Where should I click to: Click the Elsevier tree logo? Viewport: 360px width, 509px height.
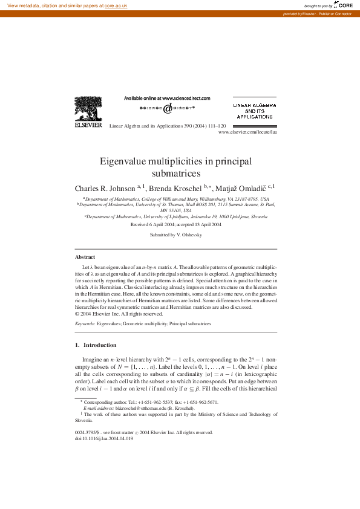pos(88,109)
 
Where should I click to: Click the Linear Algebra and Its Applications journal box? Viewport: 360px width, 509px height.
pos(254,109)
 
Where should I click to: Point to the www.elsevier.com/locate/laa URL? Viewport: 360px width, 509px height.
pos(247,131)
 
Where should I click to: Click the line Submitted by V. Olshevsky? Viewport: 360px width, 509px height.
pos(175,234)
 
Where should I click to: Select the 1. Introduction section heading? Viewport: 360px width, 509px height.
pos(96,345)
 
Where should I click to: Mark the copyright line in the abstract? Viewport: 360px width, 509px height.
pos(119,314)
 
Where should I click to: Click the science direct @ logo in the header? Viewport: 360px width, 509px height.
pos(167,108)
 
